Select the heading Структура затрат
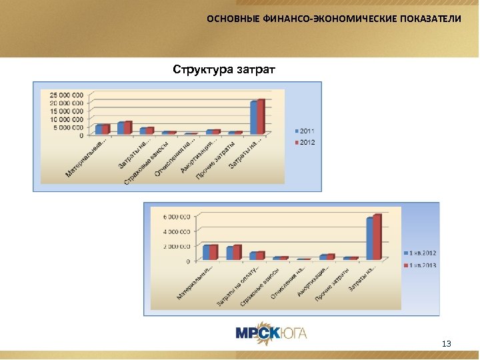coord(224,69)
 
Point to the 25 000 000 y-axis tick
coord(66,95)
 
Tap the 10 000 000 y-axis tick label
coord(66,119)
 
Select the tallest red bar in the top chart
coord(261,116)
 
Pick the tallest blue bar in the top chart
coord(254,117)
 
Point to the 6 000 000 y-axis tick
coord(175,217)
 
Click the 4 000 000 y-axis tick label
coord(175,231)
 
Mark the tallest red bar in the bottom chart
coord(377,236)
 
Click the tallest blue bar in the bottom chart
coord(370,238)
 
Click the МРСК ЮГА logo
coord(271,333)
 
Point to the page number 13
coord(446,344)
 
